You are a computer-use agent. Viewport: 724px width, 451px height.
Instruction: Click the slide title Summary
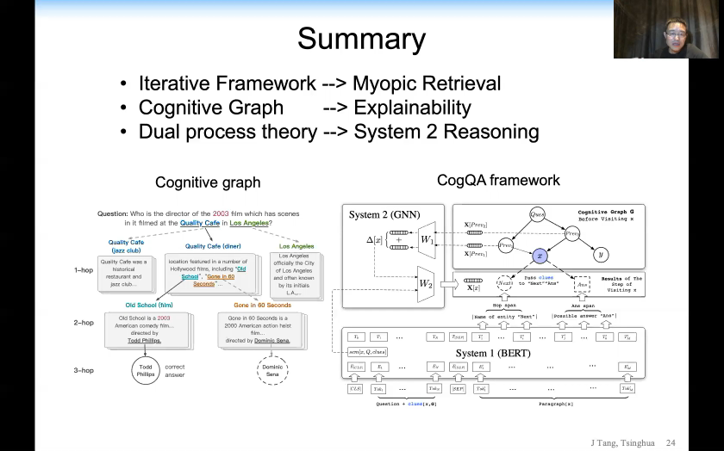[361, 40]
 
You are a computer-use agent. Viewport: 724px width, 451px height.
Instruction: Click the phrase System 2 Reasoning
[446, 132]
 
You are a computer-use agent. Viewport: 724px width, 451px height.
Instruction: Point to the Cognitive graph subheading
[207, 182]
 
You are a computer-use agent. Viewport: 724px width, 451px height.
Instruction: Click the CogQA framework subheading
[498, 180]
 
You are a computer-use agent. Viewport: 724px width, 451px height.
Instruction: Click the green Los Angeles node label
[296, 246]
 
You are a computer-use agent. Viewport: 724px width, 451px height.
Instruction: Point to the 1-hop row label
[84, 269]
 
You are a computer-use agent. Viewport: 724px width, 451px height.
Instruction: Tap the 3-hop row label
[84, 370]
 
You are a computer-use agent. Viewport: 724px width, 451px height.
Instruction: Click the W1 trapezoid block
[427, 239]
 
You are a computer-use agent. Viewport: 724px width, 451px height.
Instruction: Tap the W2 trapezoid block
[427, 284]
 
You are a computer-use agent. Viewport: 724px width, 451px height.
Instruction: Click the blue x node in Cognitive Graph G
[540, 256]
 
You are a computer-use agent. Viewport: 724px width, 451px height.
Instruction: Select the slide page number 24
[694, 442]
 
